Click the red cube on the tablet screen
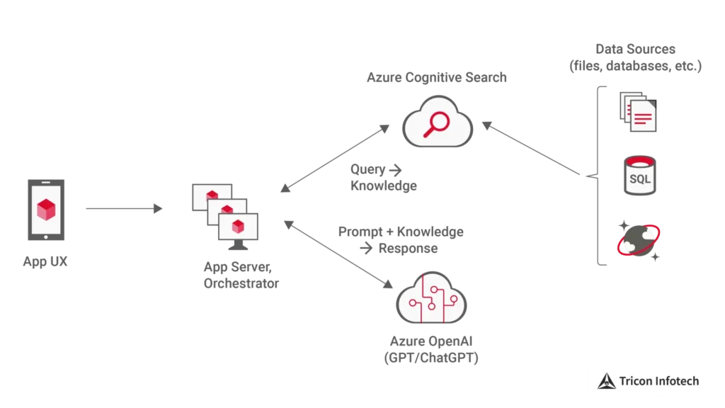46,209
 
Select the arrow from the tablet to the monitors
124,208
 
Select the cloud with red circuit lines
430,302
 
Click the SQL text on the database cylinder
639,179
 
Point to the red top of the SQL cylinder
639,161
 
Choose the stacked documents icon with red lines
637,112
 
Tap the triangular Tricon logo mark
607,381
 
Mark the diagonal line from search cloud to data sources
538,149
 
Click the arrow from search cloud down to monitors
333,158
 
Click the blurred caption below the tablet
45,262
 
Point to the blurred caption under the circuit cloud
430,350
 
